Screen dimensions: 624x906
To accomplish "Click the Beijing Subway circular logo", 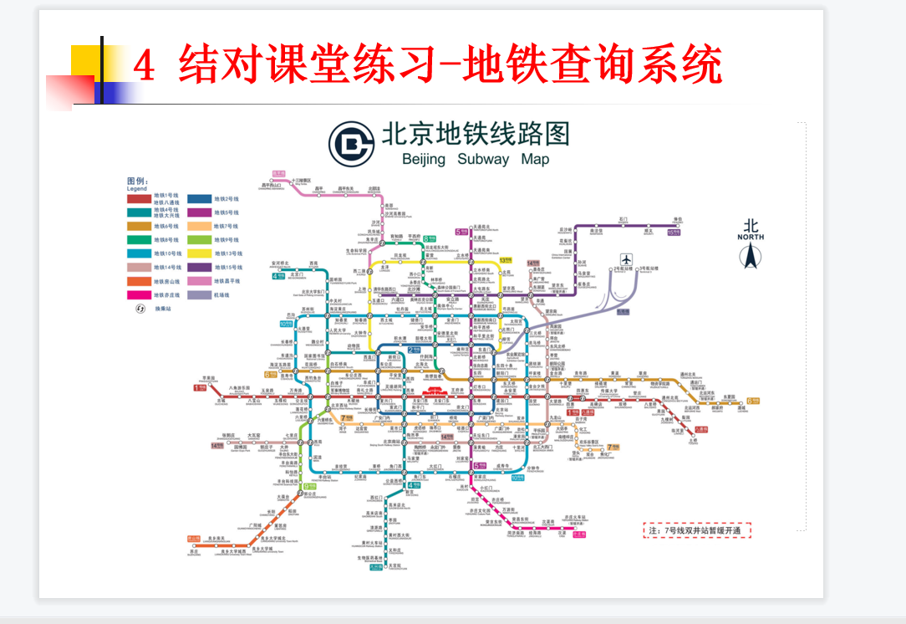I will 352,143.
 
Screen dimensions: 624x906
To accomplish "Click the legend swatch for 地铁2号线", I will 199,199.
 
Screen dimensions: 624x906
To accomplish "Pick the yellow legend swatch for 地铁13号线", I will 199,253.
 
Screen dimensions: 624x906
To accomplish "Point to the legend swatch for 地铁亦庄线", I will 139,294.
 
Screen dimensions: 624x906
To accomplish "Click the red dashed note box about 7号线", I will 697,530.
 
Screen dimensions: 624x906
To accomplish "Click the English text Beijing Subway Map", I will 476,160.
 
